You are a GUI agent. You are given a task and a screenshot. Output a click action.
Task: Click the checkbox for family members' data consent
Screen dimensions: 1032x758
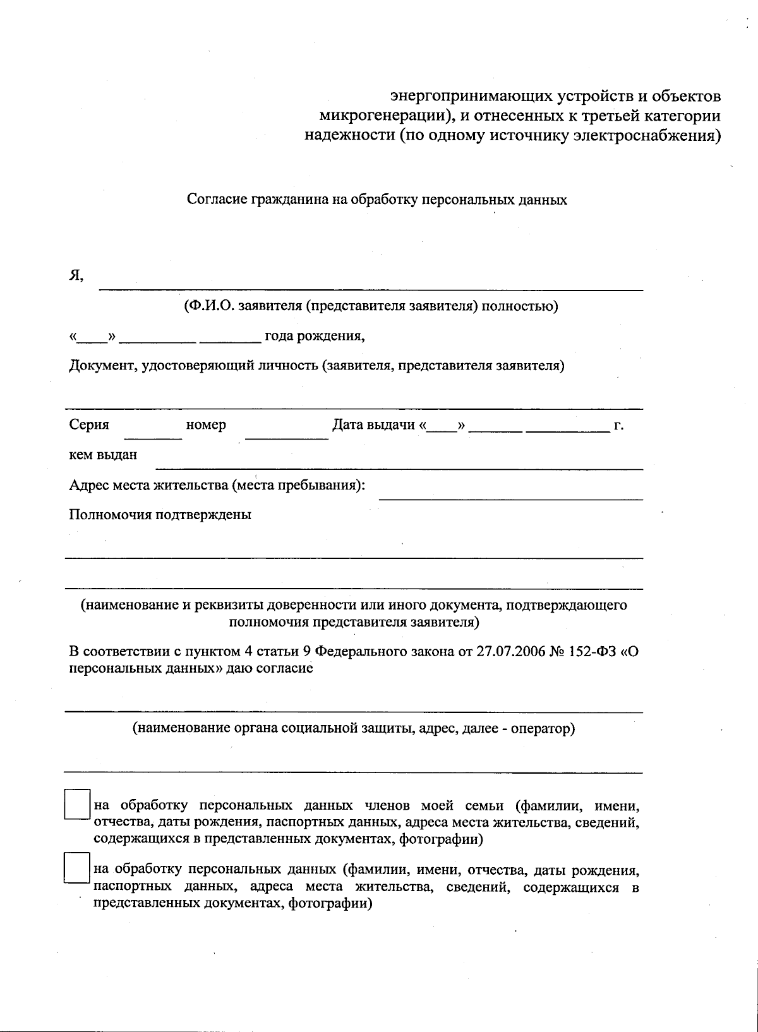[x=77, y=804]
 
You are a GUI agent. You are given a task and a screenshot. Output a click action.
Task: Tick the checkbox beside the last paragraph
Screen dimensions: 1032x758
[x=77, y=868]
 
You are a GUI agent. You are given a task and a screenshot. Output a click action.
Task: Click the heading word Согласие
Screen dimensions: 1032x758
[x=217, y=200]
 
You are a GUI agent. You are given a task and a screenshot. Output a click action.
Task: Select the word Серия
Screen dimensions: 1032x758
[x=89, y=425]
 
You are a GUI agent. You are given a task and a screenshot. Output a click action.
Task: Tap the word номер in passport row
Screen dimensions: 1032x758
[x=206, y=425]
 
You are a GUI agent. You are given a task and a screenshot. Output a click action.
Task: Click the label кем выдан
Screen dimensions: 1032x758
[x=103, y=455]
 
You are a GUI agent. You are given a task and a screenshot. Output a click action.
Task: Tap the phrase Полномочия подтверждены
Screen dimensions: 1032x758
[x=160, y=515]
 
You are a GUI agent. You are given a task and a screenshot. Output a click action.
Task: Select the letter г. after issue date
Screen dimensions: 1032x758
[x=619, y=425]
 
